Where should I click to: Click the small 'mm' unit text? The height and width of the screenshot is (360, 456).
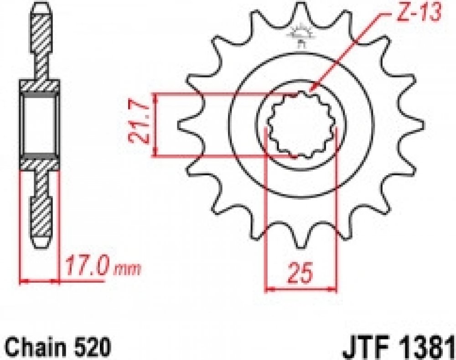click(127, 270)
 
